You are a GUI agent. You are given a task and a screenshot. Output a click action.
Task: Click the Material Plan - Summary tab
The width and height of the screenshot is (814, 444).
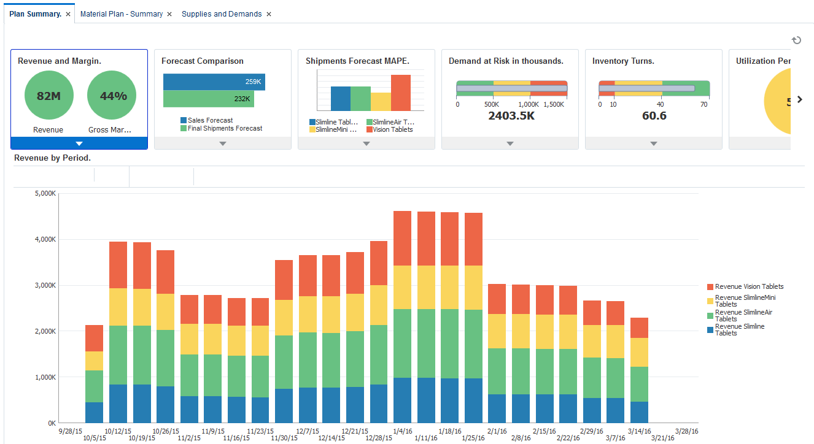coord(122,14)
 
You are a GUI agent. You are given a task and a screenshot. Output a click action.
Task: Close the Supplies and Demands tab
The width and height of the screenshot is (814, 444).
coord(269,14)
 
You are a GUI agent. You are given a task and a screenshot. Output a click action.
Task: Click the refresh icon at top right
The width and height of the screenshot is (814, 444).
coord(796,40)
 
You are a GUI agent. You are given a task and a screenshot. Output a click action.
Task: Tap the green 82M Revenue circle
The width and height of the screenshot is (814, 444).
coord(48,96)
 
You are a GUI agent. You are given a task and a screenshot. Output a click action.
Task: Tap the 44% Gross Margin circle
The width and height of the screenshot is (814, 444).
coord(112,96)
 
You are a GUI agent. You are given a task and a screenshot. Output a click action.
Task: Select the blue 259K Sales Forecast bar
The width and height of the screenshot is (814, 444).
coord(214,82)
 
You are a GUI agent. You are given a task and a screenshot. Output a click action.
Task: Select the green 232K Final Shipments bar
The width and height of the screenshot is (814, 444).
coord(208,99)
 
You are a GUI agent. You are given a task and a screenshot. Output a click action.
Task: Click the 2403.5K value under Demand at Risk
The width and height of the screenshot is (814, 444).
coord(511,116)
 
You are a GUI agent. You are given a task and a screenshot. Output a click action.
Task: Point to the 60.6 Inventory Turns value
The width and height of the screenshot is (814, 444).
coord(654,116)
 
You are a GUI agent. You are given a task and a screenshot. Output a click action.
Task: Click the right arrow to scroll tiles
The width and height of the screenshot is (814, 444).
coord(799,99)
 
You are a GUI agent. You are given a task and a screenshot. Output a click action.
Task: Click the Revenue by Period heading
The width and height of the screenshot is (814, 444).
coord(52,158)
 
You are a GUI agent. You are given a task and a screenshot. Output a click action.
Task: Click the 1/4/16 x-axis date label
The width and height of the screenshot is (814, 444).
coord(402,431)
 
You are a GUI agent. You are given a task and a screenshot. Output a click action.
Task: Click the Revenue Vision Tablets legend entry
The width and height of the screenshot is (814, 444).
coord(749,286)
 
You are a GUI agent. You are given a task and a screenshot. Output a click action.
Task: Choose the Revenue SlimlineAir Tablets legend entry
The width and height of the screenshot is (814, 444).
coord(743,315)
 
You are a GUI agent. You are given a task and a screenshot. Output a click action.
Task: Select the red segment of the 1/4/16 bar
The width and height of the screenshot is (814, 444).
coord(402,238)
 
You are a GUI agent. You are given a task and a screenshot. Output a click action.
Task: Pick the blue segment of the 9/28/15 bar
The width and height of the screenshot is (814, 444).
coord(94,412)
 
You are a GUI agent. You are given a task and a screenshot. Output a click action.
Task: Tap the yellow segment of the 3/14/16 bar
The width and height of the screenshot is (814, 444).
coord(639,352)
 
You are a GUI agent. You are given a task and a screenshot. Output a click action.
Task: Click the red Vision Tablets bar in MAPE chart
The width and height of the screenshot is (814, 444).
coord(400,93)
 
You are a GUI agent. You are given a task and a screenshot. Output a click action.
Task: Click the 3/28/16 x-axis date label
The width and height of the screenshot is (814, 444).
coord(686,431)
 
